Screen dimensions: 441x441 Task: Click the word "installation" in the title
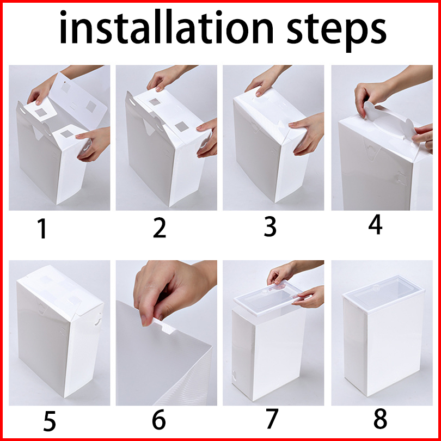click(x=166, y=27)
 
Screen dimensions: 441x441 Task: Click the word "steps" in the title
click(x=336, y=31)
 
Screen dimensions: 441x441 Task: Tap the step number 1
click(x=42, y=229)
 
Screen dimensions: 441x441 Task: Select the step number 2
click(x=160, y=228)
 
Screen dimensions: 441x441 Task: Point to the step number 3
click(x=269, y=226)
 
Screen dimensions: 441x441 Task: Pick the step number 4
click(x=376, y=224)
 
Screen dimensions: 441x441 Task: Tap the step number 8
click(x=380, y=419)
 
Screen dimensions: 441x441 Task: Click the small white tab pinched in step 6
click(x=165, y=326)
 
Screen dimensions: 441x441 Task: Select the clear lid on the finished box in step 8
click(x=384, y=294)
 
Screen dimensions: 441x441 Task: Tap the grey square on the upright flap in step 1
click(x=91, y=107)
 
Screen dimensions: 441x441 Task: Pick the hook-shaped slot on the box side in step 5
click(x=98, y=319)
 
